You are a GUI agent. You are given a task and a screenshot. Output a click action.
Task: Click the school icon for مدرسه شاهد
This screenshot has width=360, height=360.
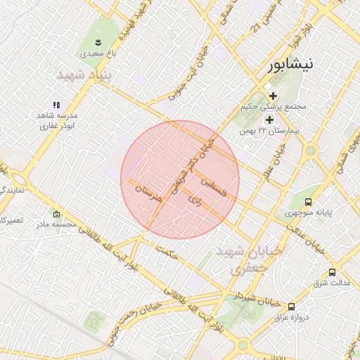[x=57, y=105]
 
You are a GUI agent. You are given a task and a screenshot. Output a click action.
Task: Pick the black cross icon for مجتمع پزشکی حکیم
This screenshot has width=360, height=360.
[x=273, y=96]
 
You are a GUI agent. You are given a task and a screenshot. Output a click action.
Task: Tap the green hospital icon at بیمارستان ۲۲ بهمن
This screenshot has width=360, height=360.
[x=269, y=120]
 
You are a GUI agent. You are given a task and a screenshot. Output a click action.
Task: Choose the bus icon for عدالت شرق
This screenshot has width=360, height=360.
[x=332, y=272]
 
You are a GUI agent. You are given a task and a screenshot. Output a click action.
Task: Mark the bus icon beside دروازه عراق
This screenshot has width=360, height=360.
[x=291, y=306]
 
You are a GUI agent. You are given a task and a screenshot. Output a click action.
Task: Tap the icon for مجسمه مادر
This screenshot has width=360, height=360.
[x=57, y=214]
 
